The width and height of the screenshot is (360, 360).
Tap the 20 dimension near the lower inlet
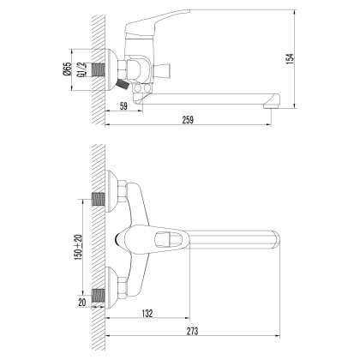coord(81,303)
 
